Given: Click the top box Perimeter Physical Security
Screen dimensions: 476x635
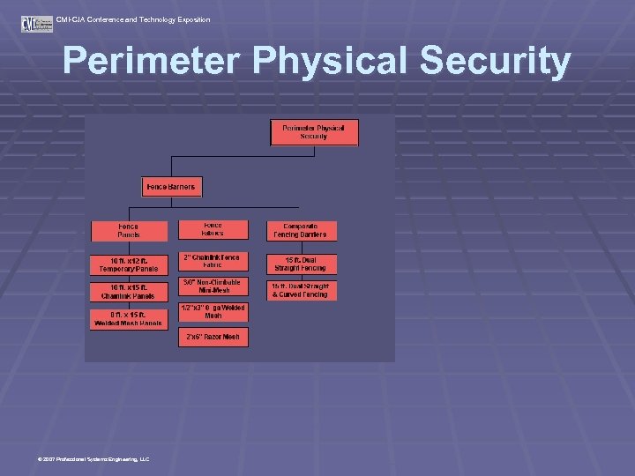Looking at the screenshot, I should pos(313,132).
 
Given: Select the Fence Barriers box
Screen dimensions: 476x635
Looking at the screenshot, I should pos(172,187).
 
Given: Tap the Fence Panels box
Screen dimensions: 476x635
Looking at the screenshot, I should pos(128,231).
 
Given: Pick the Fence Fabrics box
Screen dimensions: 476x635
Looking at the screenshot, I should pos(213,229).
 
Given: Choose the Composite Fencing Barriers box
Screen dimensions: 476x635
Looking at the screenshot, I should pos(302,231).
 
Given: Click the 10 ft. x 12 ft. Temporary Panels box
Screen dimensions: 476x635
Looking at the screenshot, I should pos(128,264).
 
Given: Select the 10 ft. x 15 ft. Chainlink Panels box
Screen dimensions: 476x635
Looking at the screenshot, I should pos(128,292).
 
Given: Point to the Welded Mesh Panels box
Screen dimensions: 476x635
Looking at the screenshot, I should pos(128,318).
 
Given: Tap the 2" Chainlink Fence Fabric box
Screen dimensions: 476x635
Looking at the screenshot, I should pos(213,262).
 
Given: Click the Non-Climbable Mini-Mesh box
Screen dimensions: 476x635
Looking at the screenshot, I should pos(213,287).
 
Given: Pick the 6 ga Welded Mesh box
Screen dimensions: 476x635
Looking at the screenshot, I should pos(213,312).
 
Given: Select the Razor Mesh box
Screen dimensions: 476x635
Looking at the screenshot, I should pos(213,337).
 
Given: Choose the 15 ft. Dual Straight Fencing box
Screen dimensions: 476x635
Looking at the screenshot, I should pos(302,264).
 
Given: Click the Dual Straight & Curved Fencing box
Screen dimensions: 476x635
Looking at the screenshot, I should pos(302,290).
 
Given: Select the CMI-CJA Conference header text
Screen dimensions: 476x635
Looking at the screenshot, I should pos(132,19).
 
